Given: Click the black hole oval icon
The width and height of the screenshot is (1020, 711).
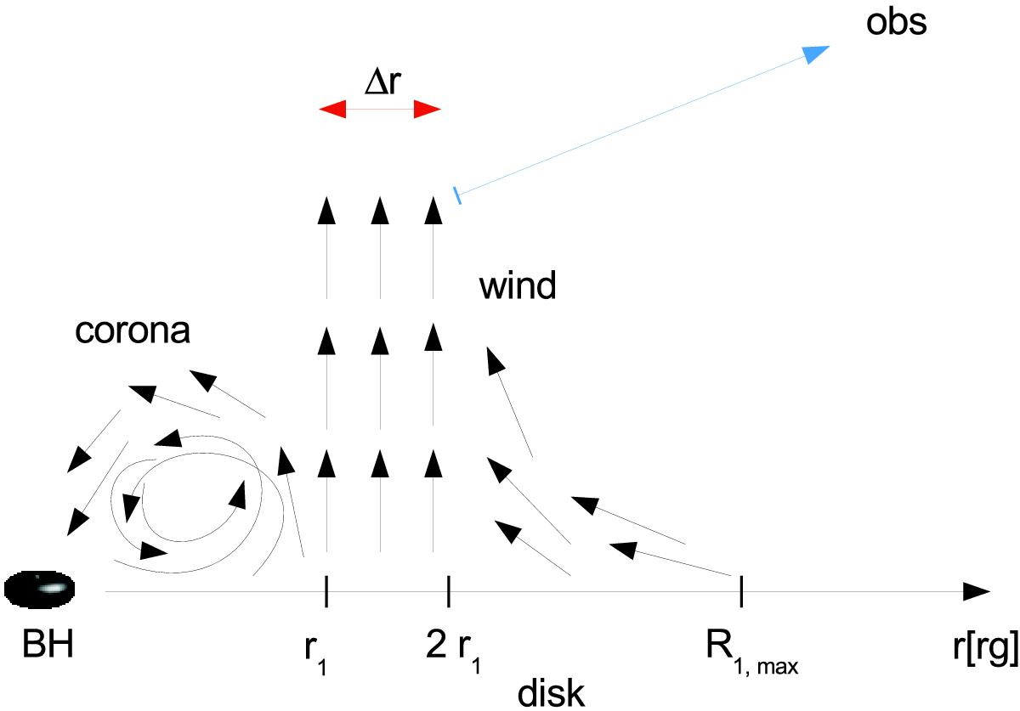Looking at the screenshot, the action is pos(39,589).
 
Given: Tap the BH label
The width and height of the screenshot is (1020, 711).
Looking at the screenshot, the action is pos(48,644).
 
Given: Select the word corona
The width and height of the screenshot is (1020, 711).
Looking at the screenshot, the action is pos(132,331).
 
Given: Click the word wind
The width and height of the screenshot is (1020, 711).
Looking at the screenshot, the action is pos(518,285).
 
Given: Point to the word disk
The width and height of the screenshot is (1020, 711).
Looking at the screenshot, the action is pos(551,693).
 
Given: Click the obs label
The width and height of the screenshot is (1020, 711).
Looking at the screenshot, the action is pos(896,22).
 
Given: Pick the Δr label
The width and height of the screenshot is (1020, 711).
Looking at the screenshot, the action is pos(382,82).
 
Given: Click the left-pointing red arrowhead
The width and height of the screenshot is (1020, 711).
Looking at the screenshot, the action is pos(332,110).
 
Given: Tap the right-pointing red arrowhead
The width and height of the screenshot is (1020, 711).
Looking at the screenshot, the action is pos(427,110).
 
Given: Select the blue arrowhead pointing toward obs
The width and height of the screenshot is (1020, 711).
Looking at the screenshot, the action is pos(816,54).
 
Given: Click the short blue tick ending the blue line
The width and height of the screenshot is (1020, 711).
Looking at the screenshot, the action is pos(456,195).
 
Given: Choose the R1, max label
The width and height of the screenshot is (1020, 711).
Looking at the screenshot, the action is pos(752,651).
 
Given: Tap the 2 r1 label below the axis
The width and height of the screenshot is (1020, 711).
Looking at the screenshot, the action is pos(454,651).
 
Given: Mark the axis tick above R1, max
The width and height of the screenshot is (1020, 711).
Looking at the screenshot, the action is pos(741,592).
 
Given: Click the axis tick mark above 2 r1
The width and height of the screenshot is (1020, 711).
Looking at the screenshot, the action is pos(449,592).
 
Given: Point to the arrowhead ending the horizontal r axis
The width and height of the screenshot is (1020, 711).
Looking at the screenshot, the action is pos(977,592).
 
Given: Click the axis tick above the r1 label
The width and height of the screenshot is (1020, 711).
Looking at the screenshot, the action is pos(326,592).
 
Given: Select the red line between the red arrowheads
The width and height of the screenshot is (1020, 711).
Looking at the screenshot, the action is pos(380,110).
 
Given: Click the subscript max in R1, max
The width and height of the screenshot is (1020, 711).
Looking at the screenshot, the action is pos(778,668).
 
